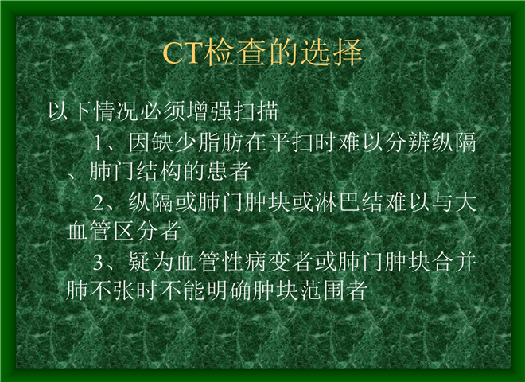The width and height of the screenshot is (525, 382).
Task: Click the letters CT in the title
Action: click(184, 53)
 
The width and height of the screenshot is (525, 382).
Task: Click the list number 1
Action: click(98, 143)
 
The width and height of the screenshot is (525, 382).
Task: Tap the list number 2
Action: click(99, 203)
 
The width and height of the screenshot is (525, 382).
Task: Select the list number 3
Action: click(99, 263)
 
